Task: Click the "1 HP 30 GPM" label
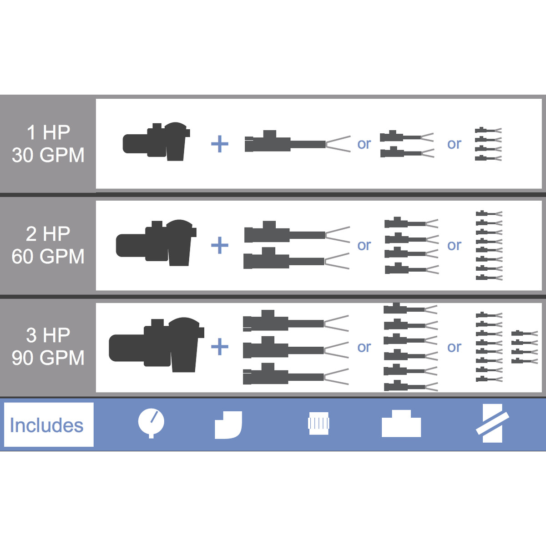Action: point(48,144)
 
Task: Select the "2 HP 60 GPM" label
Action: point(48,245)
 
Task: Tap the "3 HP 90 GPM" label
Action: point(48,347)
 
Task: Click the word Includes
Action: point(47,425)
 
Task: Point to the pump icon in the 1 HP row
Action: point(157,142)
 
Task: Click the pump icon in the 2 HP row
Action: point(156,243)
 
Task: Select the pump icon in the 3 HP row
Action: point(157,344)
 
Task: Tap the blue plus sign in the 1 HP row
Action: point(220,144)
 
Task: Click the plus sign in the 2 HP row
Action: point(220,245)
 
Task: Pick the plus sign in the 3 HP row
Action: point(220,347)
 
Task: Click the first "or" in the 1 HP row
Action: point(364,144)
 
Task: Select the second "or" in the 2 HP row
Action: point(454,245)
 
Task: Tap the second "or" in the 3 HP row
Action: point(454,347)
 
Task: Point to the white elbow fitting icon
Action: point(228,425)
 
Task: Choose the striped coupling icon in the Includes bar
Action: point(318,424)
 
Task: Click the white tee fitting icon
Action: point(401,423)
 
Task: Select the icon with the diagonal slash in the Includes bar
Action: point(492,423)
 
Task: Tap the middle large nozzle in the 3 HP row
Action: point(296,347)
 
